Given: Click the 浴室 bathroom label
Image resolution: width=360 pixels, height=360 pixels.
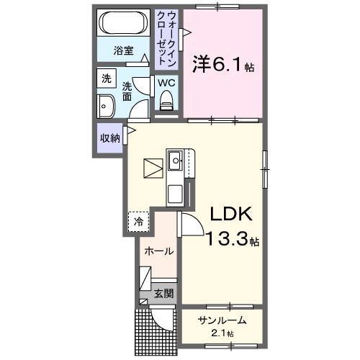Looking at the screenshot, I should pos(124,50).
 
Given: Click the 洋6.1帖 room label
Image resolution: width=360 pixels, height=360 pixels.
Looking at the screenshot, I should pos(222,64).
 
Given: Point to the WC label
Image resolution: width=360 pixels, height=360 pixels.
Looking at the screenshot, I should pos(166,83).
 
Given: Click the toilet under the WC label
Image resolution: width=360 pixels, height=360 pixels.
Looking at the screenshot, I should pos(167,105).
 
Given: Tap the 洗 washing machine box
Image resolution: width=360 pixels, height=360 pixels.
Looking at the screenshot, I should pos(106,78).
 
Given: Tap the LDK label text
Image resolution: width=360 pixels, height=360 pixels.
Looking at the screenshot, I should pos(230,214).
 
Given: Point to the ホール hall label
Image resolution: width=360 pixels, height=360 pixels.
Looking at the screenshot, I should pos(158,251).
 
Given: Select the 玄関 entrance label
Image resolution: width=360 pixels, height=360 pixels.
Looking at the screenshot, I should pos(163,293).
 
